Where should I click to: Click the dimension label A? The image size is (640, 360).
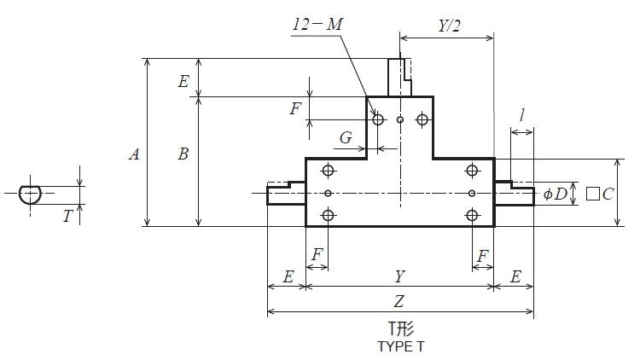point(134,154)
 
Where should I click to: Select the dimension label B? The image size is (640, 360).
point(183,154)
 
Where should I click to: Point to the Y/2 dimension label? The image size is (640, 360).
point(449,26)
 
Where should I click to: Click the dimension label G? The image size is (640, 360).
point(346,137)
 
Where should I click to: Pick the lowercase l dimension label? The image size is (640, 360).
point(521,114)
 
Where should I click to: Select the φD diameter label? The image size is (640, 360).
point(555,194)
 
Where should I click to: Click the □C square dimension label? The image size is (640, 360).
point(600,194)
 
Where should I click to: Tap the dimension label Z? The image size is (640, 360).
point(399,300)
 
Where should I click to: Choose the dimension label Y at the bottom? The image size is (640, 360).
point(399,277)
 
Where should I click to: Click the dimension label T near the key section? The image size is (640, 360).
point(67,217)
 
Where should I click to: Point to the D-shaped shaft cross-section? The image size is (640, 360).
point(32,194)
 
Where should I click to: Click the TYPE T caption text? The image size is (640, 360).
point(400,347)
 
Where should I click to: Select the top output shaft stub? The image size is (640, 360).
point(399,77)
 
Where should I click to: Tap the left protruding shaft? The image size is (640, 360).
point(286,194)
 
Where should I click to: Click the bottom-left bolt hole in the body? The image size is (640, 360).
point(328,215)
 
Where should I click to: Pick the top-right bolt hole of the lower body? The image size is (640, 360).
point(472,171)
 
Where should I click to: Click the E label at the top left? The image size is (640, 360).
point(183,82)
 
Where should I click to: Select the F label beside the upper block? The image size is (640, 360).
point(295,108)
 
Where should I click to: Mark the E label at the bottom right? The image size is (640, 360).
point(515,277)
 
